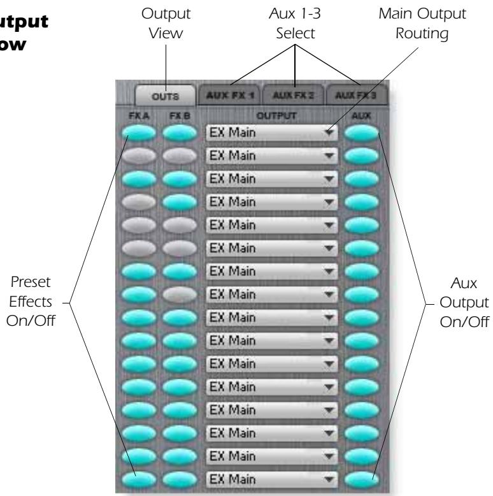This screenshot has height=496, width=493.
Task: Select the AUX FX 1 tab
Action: [230, 97]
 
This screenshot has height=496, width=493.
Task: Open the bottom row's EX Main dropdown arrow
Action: [328, 476]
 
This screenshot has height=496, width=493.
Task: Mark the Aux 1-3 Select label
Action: [296, 23]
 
